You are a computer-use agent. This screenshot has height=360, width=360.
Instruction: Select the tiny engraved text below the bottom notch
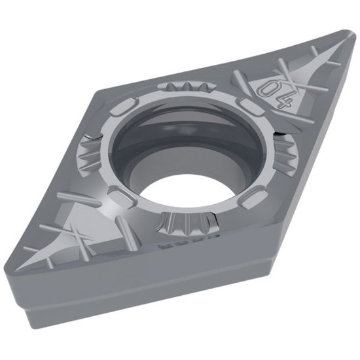(x=167, y=247)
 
